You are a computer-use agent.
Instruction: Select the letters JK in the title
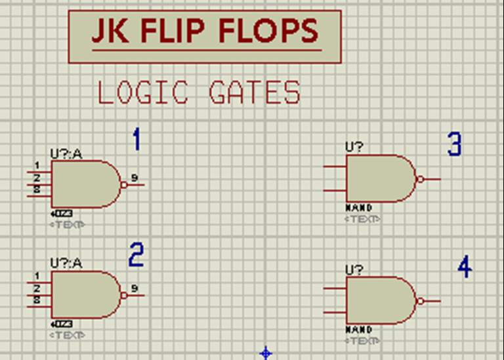[x=108, y=30]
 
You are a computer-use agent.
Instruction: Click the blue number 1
[x=136, y=140]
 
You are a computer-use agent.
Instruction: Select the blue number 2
[x=136, y=254]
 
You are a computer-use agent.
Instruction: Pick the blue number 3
[x=454, y=144]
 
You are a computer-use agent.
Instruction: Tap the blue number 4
[x=465, y=266]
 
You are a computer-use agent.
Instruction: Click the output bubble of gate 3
[x=421, y=178]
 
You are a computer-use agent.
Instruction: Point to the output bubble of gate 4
[x=421, y=301]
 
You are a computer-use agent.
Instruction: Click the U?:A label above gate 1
[x=66, y=154]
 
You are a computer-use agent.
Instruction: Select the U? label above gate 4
[x=354, y=270]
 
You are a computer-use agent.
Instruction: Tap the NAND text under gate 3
[x=359, y=208]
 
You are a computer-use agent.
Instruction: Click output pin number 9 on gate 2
[x=134, y=288]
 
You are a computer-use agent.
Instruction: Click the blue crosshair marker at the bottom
[x=266, y=353]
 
